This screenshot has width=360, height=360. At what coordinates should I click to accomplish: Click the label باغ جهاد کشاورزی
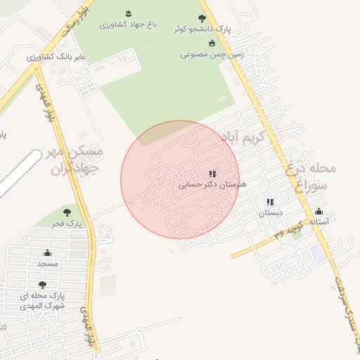tap(127, 25)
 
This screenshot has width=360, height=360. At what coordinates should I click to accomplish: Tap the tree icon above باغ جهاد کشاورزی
tap(128, 14)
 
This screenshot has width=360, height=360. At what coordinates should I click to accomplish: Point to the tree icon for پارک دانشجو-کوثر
tap(202, 18)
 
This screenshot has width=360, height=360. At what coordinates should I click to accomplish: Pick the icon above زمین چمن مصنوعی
tap(212, 44)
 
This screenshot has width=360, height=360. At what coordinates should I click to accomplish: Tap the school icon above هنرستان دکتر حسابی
tap(212, 174)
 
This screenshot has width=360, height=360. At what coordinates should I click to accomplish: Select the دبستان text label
tap(271, 212)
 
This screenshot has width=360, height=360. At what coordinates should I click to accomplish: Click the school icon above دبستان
tap(270, 202)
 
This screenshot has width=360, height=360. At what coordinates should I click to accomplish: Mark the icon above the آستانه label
tap(319, 212)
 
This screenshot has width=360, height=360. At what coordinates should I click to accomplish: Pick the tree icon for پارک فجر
tap(67, 212)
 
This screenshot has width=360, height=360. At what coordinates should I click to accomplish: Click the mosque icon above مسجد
tap(48, 252)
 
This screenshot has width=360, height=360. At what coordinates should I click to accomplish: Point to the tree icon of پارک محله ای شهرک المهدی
tap(42, 285)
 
